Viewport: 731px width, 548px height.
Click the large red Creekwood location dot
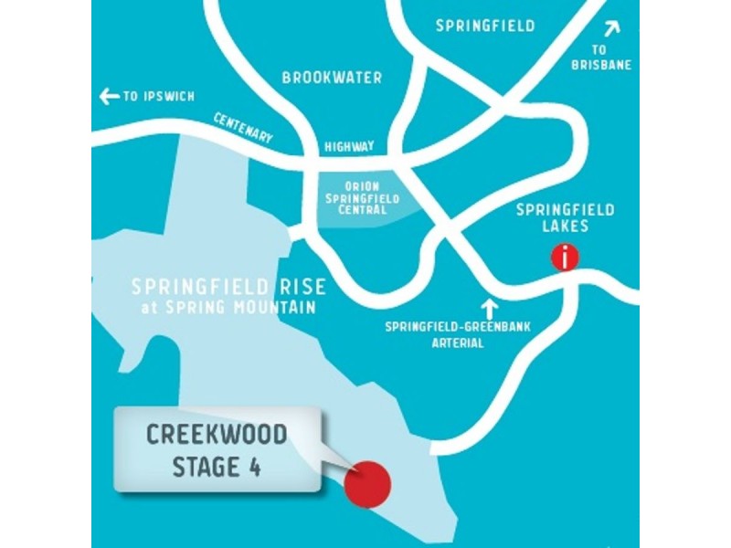point(368,481)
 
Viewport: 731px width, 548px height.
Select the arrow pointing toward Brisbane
point(610,28)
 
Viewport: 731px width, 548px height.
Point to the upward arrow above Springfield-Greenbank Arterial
point(491,308)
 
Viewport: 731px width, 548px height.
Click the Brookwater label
point(332,79)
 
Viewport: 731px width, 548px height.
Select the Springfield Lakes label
point(566,217)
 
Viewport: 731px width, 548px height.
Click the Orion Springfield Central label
point(361,197)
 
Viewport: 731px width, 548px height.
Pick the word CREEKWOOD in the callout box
point(217,434)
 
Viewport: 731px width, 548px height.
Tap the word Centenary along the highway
point(243,128)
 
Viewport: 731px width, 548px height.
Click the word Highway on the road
point(349,146)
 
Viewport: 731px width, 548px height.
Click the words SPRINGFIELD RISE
point(228,287)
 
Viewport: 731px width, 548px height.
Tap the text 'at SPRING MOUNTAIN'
point(228,308)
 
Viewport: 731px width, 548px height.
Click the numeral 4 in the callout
point(255,467)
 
